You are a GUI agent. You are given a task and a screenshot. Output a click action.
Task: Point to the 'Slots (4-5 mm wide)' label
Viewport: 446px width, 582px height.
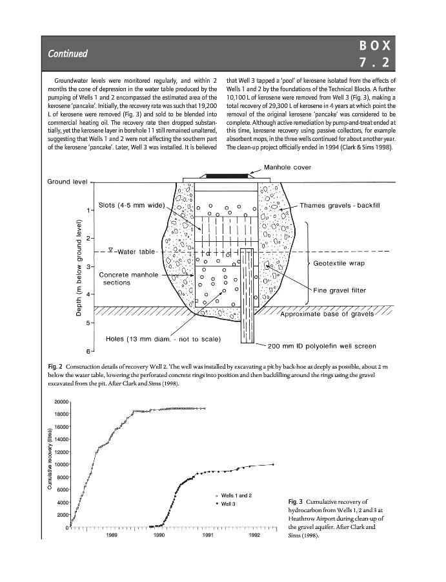tap(133, 206)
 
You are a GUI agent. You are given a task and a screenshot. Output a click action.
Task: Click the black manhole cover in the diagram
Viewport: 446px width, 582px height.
tap(227, 175)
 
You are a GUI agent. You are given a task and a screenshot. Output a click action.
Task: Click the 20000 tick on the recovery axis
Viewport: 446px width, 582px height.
tap(60, 402)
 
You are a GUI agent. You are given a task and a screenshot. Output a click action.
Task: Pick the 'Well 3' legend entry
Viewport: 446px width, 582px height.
tap(230, 504)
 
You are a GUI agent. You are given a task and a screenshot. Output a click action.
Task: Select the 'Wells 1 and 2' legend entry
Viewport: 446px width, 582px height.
tap(236, 495)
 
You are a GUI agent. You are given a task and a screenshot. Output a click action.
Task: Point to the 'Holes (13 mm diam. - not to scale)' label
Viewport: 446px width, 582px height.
tap(163, 338)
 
